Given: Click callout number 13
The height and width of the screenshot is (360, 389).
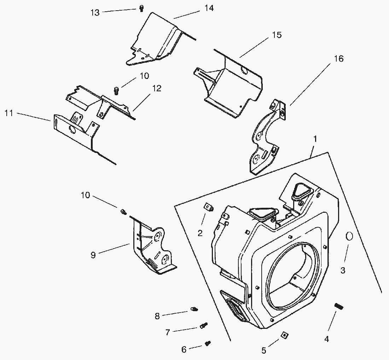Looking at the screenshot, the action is pos(95,12).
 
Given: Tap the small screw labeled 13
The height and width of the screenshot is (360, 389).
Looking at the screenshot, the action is pos(141,8).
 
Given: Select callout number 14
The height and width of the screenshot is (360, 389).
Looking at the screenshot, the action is pos(209,8).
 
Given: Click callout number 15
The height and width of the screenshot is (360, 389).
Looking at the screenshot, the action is pos(277,35).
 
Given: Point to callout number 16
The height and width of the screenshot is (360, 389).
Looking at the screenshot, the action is pos(338,59).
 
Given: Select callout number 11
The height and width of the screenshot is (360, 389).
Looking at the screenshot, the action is pos(9,113).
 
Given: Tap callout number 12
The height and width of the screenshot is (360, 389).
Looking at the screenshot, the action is pos(156,88).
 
